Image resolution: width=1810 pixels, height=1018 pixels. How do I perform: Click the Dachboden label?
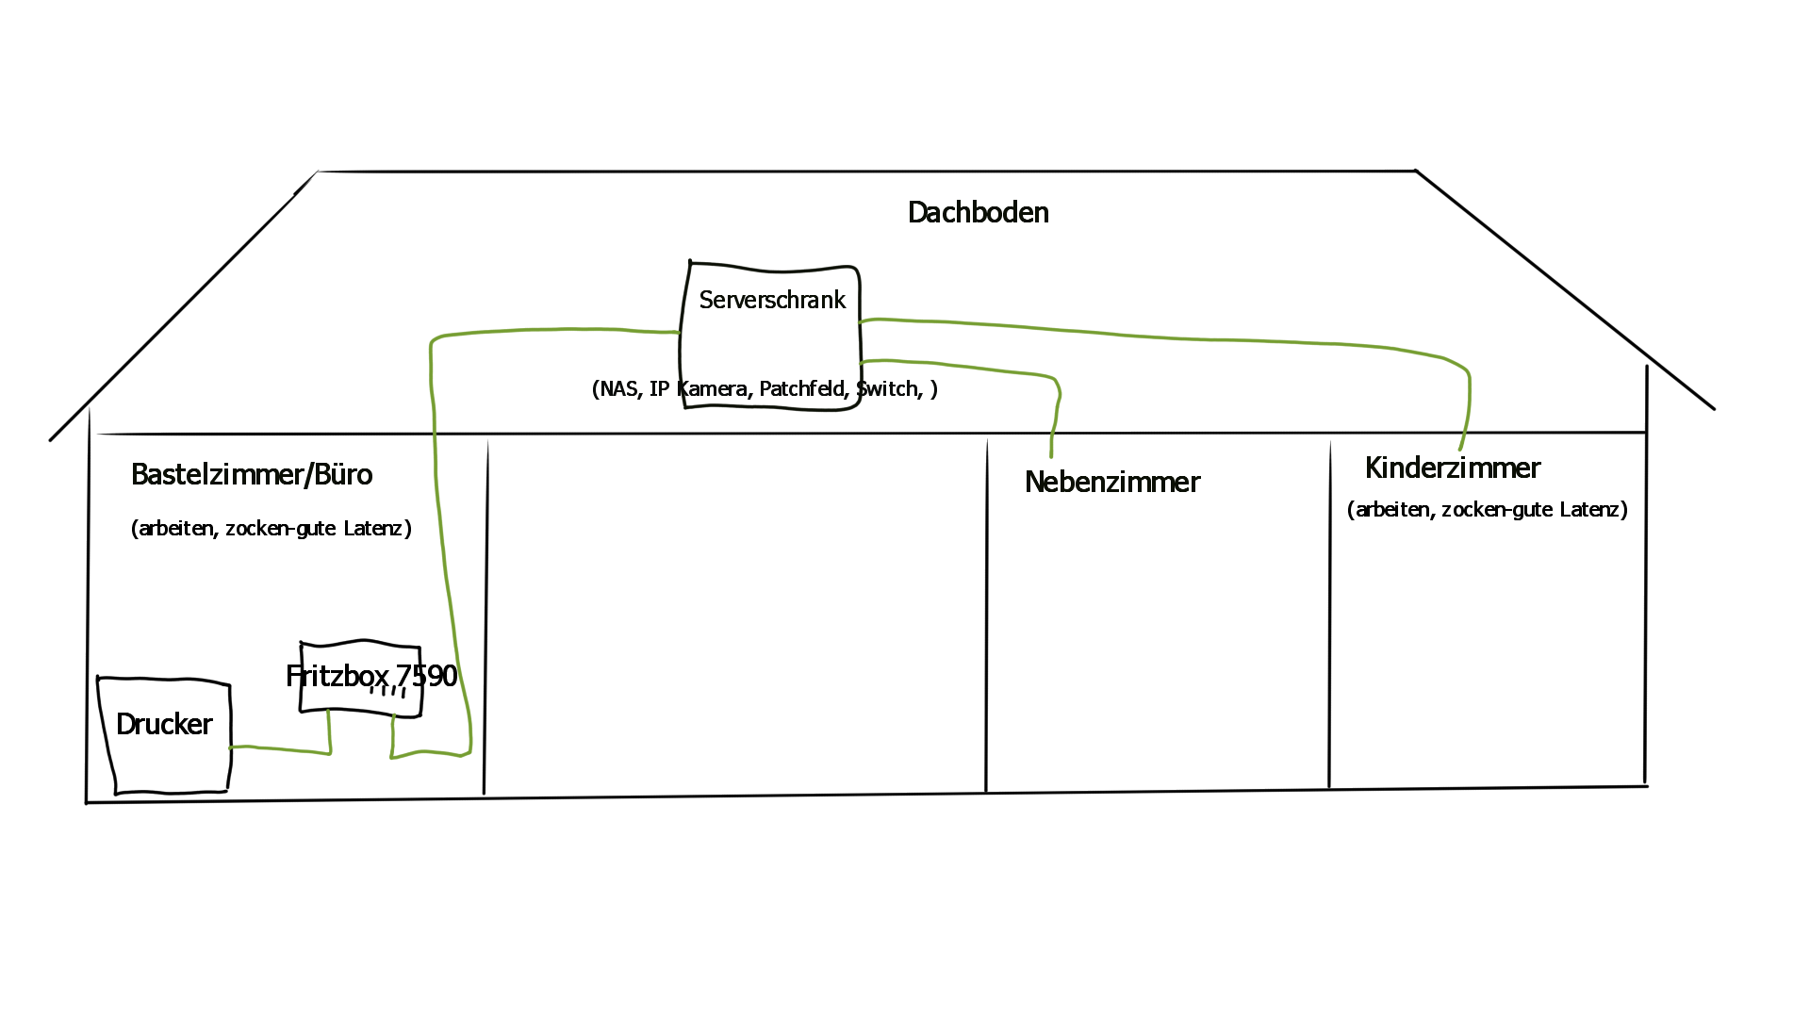[x=978, y=213]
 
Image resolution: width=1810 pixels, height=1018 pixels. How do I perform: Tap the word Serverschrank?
[x=772, y=301]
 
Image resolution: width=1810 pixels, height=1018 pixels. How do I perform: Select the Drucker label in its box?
[x=164, y=725]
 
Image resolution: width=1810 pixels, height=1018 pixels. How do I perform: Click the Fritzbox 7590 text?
[x=370, y=676]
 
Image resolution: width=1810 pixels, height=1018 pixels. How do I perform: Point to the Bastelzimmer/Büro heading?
[x=252, y=475]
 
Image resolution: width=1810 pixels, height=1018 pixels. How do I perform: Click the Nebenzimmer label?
[x=1111, y=483]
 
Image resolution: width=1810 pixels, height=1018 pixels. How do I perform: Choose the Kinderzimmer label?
[x=1452, y=468]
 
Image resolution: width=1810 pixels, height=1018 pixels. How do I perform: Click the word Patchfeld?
[x=801, y=389]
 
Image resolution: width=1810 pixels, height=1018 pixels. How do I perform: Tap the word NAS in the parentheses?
[x=618, y=389]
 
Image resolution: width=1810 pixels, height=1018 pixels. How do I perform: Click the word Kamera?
[x=713, y=389]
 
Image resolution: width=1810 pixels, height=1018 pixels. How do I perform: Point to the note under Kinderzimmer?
[x=1487, y=510]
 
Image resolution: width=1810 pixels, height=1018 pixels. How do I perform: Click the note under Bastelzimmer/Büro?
[x=271, y=529]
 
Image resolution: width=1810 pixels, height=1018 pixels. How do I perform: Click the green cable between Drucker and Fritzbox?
[x=283, y=750]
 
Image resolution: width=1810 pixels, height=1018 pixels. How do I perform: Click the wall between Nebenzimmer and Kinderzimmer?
[x=1330, y=613]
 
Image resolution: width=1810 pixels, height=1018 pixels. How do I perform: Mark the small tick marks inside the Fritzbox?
[x=387, y=692]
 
